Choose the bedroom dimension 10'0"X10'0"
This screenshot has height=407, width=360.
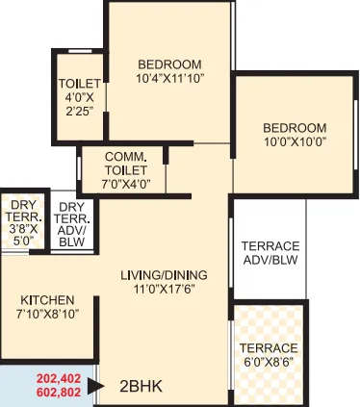[296, 143]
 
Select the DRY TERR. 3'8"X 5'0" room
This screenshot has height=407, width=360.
[21, 223]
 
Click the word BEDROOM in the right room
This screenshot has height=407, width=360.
[296, 128]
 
